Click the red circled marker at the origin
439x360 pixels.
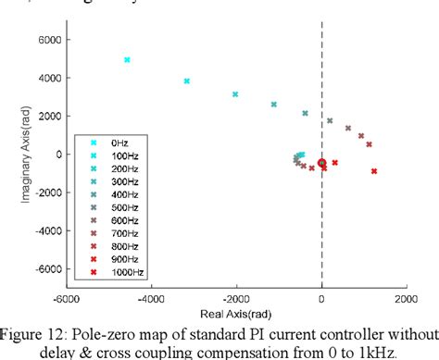(321, 163)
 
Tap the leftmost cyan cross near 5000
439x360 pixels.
(127, 59)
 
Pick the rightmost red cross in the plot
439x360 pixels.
(374, 171)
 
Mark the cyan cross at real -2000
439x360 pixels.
(235, 94)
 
